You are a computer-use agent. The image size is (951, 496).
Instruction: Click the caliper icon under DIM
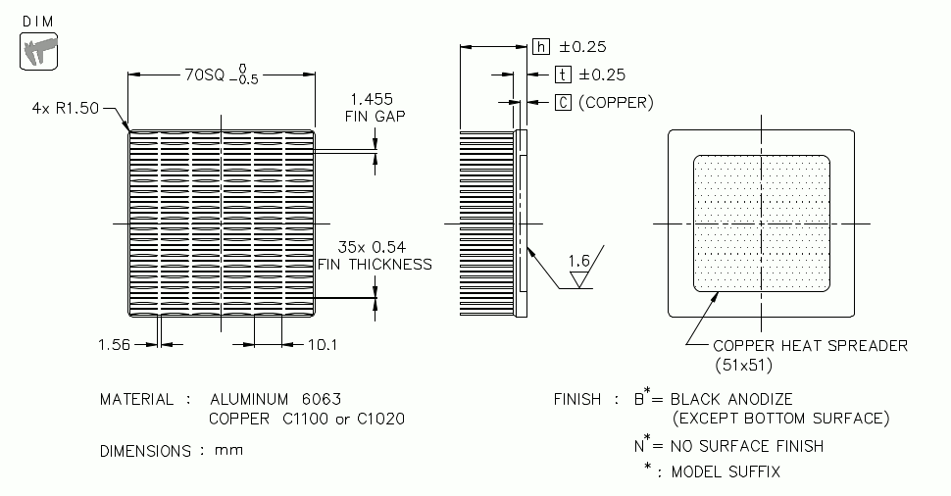pos(38,50)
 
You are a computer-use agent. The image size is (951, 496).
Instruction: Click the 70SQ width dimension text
pos(202,74)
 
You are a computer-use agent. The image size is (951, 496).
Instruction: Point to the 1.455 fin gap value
pos(372,99)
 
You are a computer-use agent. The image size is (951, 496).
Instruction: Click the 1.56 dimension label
pos(115,343)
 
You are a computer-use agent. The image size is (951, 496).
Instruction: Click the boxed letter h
pos(541,46)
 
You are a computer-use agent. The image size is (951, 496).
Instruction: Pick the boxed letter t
pos(563,74)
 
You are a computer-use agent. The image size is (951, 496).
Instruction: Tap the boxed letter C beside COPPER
pos(563,101)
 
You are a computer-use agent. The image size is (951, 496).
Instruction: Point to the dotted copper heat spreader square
pos(762,223)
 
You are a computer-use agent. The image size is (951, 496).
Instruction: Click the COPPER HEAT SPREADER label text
pos(810,345)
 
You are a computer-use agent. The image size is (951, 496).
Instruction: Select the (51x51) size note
pos(744,364)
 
